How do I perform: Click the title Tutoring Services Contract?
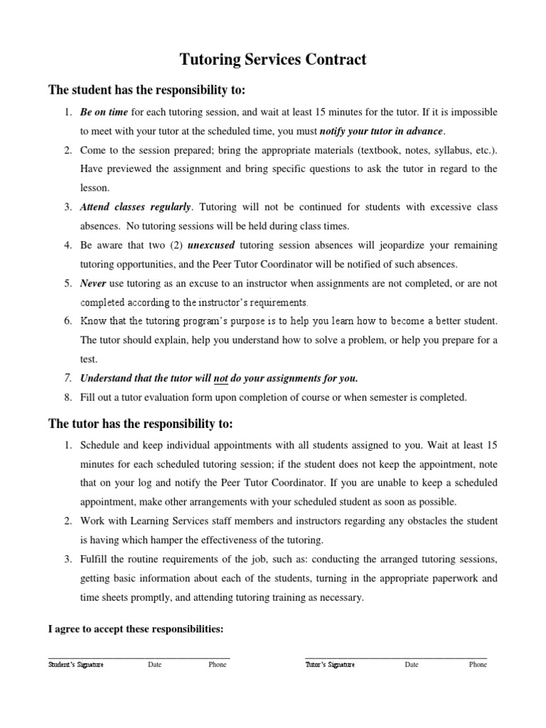pos(273,60)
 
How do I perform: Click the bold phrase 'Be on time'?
pos(104,112)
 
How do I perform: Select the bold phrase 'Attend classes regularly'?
pos(135,208)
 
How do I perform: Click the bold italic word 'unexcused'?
pos(210,245)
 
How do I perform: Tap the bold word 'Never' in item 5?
pos(93,283)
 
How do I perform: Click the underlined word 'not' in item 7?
pos(220,378)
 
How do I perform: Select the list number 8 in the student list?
pos(68,397)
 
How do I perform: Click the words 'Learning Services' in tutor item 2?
pos(160,521)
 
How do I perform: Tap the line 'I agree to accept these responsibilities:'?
pos(136,629)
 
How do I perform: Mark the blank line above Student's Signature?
pos(139,657)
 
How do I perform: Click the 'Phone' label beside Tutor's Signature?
pos(478,665)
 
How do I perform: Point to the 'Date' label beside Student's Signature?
pos(154,665)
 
